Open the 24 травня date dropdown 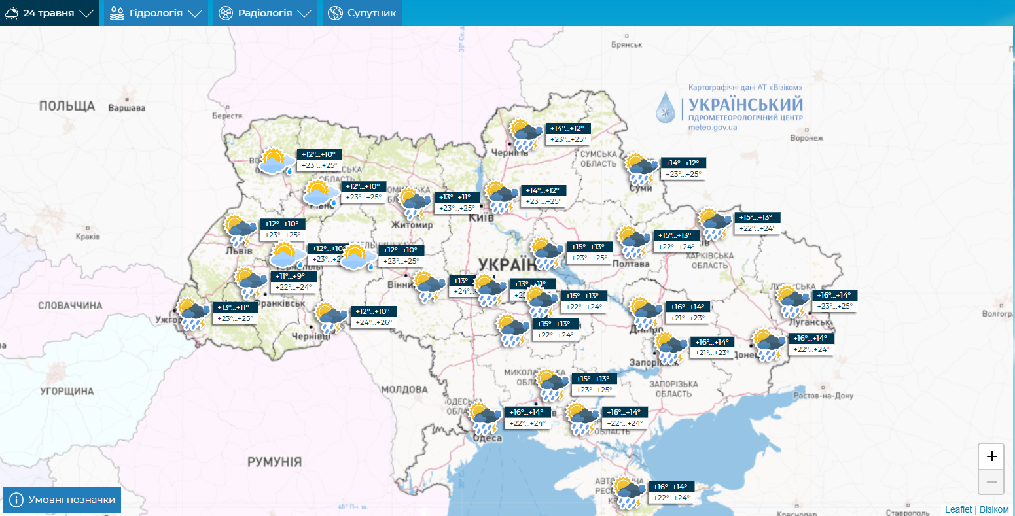(50, 13)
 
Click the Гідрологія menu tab (156, 13)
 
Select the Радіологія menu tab (264, 13)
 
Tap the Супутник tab (362, 13)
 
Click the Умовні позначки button (63, 500)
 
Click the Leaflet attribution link (958, 509)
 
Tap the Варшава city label (126, 108)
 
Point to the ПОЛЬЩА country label (67, 106)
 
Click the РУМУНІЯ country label (274, 462)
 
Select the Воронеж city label (806, 138)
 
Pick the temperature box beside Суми (684, 169)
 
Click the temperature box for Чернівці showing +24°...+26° (374, 317)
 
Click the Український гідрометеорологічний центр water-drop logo (666, 107)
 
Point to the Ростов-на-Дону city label (823, 396)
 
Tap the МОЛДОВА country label (404, 390)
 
